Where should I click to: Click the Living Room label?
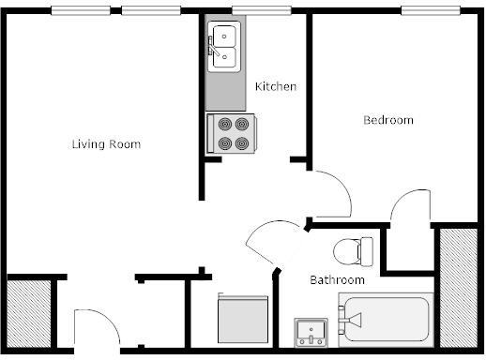tap(106, 144)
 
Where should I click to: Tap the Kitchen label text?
tap(276, 86)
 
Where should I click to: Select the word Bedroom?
tap(388, 120)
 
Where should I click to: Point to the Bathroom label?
tap(337, 279)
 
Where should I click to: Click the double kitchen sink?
tap(224, 47)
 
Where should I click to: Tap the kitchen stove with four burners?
tap(232, 134)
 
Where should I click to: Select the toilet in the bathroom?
tap(353, 252)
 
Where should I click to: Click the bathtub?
tap(386, 320)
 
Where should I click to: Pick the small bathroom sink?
tap(311, 333)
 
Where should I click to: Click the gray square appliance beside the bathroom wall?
tap(243, 318)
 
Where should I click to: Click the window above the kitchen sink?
tap(262, 10)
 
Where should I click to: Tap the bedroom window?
tap(431, 10)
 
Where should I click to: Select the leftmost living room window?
tap(81, 10)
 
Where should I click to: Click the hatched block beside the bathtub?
tap(459, 288)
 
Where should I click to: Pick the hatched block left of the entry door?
tap(28, 314)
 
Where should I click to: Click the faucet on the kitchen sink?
tap(213, 47)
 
